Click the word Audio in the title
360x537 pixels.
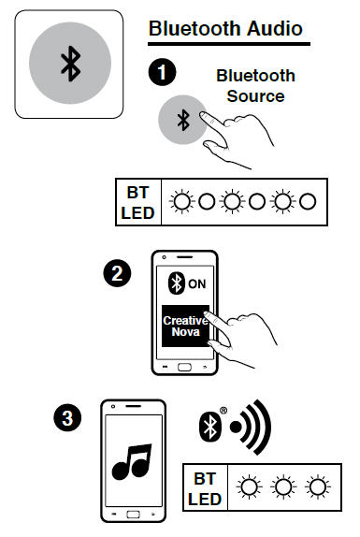click(x=274, y=28)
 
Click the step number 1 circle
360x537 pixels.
click(x=162, y=72)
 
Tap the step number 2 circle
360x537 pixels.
click(x=117, y=273)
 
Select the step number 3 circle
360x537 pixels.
click(x=67, y=418)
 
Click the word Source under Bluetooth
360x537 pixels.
click(x=255, y=95)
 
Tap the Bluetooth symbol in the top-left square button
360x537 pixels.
click(x=70, y=64)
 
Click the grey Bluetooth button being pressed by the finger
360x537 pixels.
click(x=182, y=120)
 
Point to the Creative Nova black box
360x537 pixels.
click(x=185, y=326)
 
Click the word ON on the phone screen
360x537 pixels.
click(x=196, y=283)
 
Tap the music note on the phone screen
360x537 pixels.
click(x=132, y=461)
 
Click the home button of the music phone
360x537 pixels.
click(x=133, y=515)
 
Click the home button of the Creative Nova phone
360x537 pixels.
click(x=184, y=367)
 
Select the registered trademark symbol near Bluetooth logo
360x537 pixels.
click(x=223, y=411)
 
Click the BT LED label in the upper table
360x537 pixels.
click(x=137, y=203)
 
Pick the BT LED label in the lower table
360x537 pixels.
click(x=205, y=488)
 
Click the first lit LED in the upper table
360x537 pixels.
click(x=181, y=201)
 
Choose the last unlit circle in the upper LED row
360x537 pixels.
click(x=308, y=201)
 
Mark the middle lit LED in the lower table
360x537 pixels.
click(x=283, y=487)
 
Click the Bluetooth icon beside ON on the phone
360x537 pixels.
click(x=177, y=283)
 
